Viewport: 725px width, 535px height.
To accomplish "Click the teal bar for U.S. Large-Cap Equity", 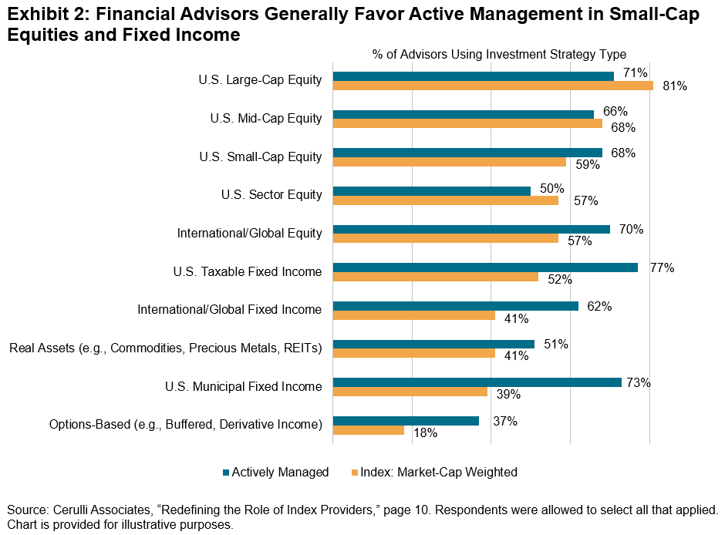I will click(x=473, y=76).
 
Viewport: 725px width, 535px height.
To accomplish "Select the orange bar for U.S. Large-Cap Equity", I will click(x=493, y=86).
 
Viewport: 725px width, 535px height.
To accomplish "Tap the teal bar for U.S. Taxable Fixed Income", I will click(x=485, y=267).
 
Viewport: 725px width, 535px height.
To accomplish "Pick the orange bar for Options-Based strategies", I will click(x=368, y=430).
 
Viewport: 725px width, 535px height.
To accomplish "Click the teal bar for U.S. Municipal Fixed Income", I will click(x=477, y=382).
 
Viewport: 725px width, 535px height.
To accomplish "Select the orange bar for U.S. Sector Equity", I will click(x=445, y=200).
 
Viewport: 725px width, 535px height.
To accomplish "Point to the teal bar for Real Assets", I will click(x=433, y=344).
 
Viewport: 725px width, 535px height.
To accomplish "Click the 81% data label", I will click(x=675, y=86).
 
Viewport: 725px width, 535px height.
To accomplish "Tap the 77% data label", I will click(x=662, y=268).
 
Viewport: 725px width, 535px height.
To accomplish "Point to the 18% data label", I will click(x=425, y=433).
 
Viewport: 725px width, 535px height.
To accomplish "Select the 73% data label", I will click(x=639, y=382).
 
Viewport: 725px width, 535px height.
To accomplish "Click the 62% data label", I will click(x=599, y=306).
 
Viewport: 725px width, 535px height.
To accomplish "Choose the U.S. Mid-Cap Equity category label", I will click(x=265, y=119).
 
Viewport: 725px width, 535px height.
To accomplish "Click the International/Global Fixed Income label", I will click(x=229, y=309).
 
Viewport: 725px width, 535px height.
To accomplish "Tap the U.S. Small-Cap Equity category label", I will click(x=260, y=156).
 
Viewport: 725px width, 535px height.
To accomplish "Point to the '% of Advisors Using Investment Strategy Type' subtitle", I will click(x=499, y=54).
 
